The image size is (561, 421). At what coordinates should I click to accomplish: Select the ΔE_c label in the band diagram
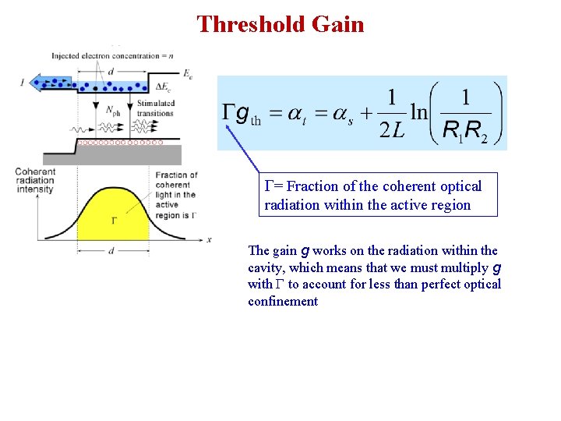coord(164,86)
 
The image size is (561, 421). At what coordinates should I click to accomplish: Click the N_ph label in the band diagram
coord(113,110)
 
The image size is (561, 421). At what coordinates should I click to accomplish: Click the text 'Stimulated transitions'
coord(155,108)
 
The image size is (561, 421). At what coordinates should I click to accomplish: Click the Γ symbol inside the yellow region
coord(114,220)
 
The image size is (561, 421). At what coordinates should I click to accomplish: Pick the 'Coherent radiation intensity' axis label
coord(34,181)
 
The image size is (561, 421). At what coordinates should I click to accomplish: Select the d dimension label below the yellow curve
coord(113,250)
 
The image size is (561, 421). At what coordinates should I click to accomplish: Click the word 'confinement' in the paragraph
coord(283,301)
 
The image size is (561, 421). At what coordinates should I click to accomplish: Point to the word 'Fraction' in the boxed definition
coord(313,186)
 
